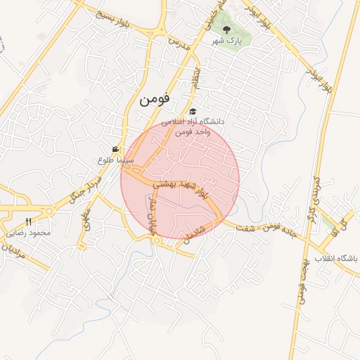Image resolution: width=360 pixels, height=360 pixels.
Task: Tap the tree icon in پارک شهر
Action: pos(226,30)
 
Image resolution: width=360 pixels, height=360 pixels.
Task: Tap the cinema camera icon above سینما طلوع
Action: pos(115,149)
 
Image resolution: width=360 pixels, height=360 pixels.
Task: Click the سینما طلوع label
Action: pos(116,160)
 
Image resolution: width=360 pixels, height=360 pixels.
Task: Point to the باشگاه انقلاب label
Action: pos(336,259)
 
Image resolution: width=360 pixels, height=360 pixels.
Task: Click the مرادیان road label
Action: pos(13,253)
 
